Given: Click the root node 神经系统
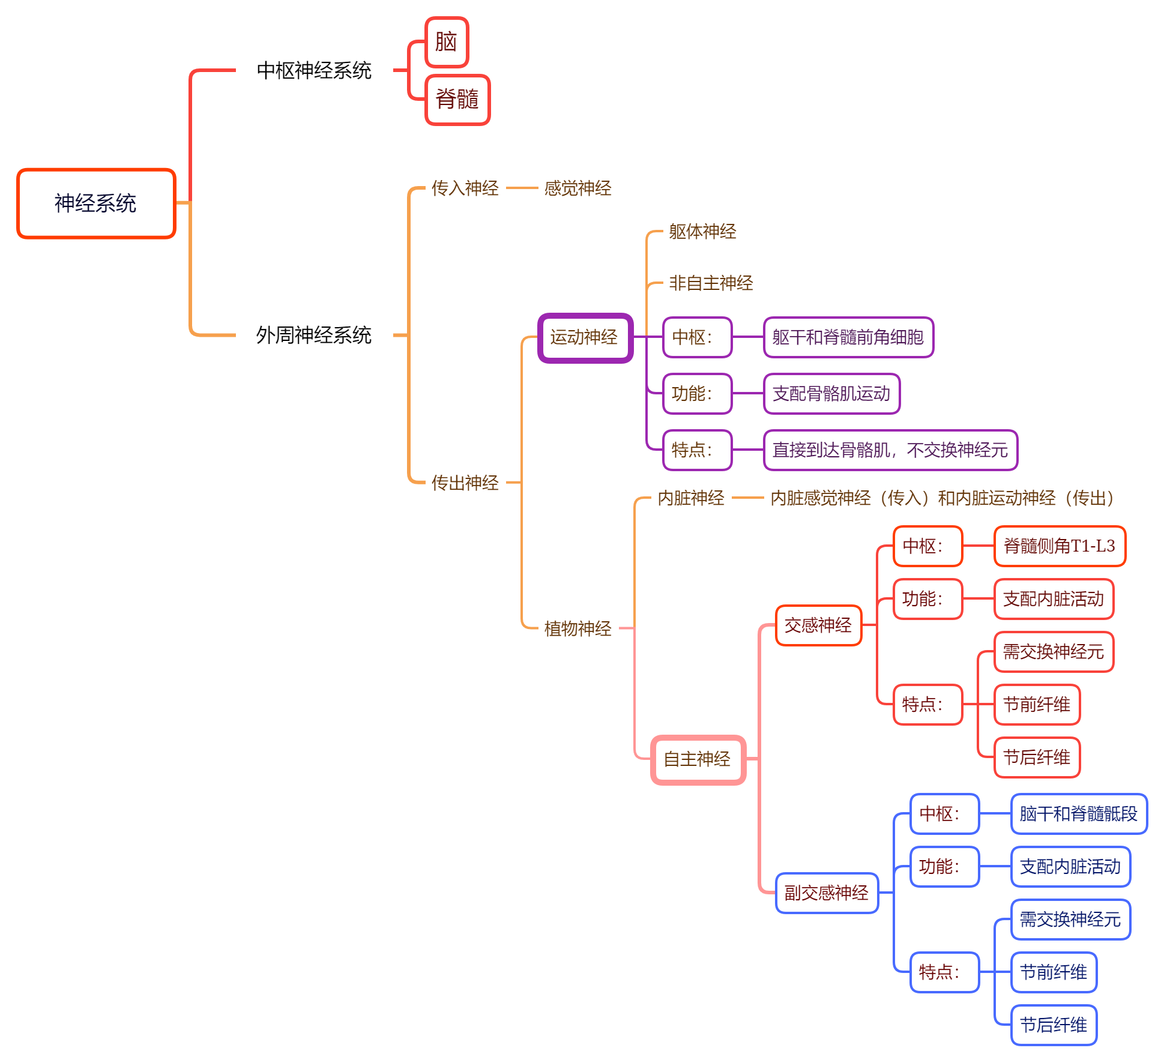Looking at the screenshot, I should (96, 203).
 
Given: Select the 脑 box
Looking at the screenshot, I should (446, 42).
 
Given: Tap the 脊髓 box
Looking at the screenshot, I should (457, 100).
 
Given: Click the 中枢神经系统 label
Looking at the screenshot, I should (314, 71).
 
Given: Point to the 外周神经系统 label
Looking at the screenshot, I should (314, 335).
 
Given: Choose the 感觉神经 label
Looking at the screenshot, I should (577, 188).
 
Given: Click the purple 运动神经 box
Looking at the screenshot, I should (585, 338).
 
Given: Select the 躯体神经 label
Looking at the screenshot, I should (702, 232).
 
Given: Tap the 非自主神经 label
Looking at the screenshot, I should (711, 283).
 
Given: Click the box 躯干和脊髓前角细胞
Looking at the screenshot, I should (848, 337).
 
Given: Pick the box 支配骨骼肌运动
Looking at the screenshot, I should (831, 394).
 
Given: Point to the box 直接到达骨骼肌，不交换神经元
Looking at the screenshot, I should (890, 450).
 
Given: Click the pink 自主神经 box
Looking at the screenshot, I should (698, 760).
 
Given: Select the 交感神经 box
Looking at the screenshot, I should (818, 625).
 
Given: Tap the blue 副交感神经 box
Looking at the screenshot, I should (827, 893).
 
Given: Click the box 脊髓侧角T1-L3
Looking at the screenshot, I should (1060, 546).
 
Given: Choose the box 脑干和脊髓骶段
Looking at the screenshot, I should (1079, 814).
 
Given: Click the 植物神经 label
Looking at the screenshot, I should (577, 628).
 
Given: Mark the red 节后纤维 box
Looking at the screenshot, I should (1037, 757).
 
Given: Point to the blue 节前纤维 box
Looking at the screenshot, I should (1054, 972).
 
